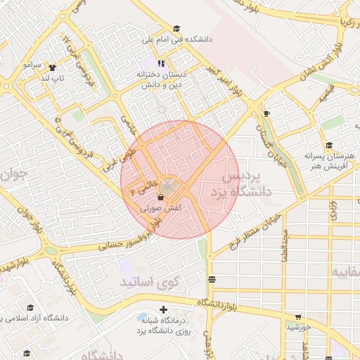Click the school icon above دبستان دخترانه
coord(161,64)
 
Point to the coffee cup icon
coord(266,113)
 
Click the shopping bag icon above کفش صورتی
coord(163,198)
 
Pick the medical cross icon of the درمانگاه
coord(164,309)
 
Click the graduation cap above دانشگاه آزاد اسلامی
coord(30,308)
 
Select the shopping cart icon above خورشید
coord(298,317)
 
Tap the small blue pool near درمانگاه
coord(143,317)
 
